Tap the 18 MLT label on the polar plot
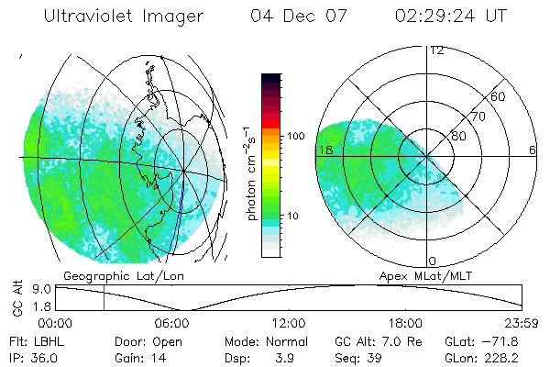pos(324,150)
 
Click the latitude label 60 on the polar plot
pos(499,96)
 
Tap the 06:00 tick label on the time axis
pos(172,324)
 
